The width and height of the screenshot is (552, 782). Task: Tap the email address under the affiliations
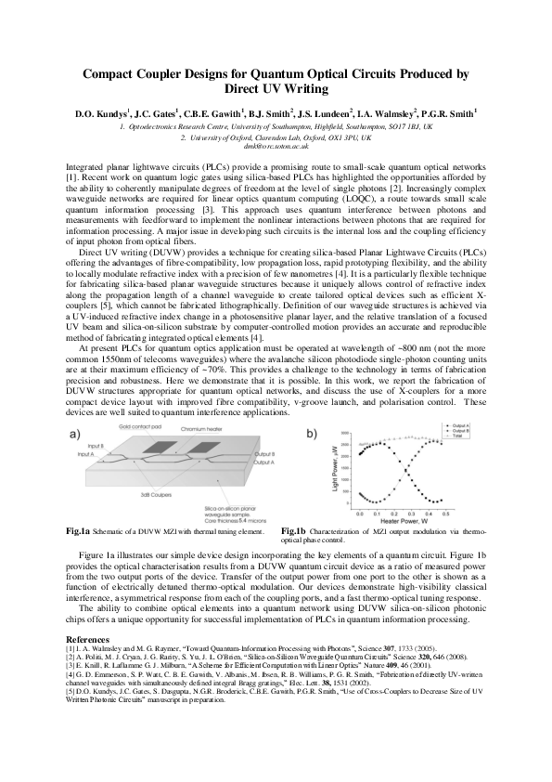[276, 146]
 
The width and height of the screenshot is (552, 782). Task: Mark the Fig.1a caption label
[71, 530]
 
